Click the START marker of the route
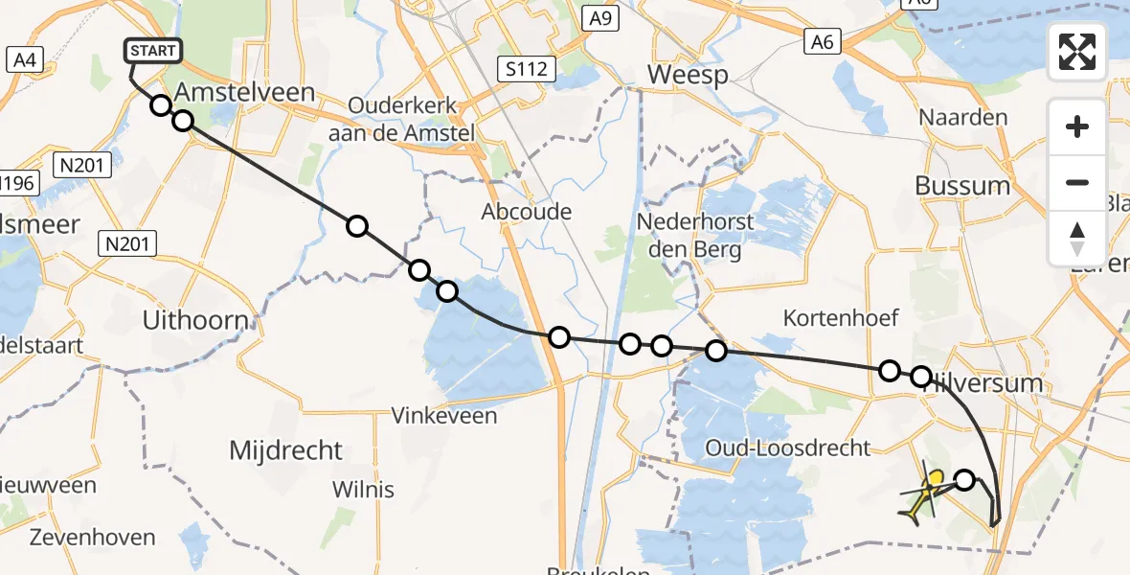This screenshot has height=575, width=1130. [153, 51]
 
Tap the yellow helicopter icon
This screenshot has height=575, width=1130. [925, 493]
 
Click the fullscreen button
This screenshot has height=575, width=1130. [1077, 52]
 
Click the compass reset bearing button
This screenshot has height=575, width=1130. [1077, 239]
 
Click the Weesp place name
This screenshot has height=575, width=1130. [688, 75]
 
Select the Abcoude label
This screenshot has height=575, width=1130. [528, 212]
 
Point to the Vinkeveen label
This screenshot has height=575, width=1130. [444, 416]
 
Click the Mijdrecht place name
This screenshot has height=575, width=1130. [286, 449]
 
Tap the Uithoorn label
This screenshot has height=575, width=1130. [195, 320]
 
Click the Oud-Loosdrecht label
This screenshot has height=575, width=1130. [787, 448]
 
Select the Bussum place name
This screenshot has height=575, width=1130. [962, 186]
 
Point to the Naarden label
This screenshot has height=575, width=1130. [963, 118]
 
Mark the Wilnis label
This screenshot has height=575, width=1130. [363, 490]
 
